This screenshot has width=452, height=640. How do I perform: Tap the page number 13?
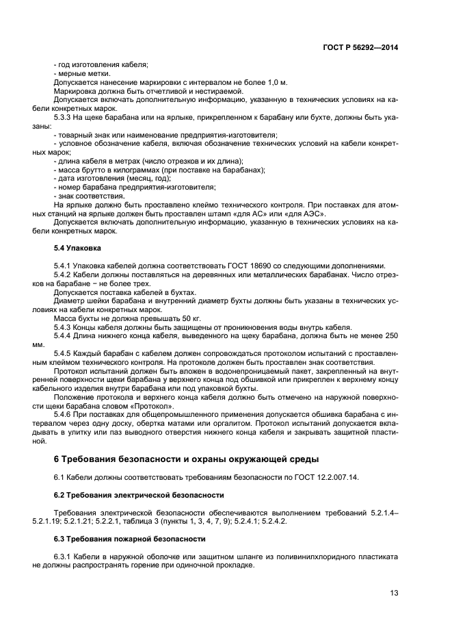394,593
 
